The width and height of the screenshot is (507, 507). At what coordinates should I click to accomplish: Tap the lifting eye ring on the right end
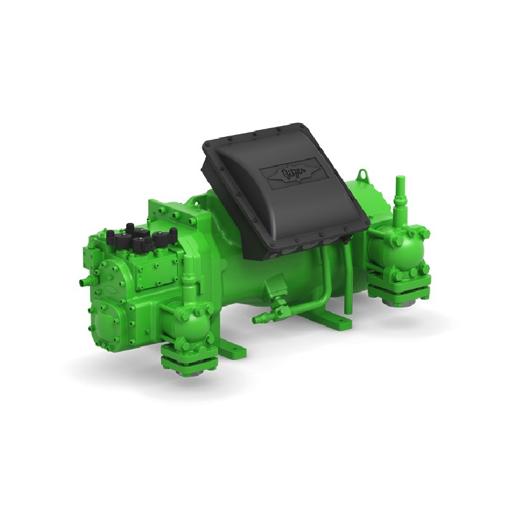pos(363,174)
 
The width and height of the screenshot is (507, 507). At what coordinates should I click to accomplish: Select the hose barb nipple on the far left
pos(81,279)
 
